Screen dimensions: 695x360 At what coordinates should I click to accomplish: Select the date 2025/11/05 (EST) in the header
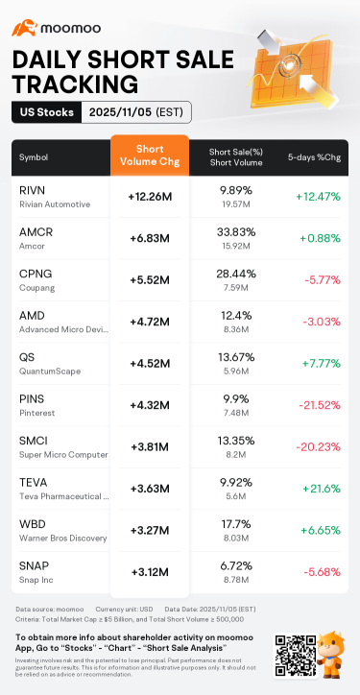tap(135, 112)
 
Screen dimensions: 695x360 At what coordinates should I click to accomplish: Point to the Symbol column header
tap(33, 156)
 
